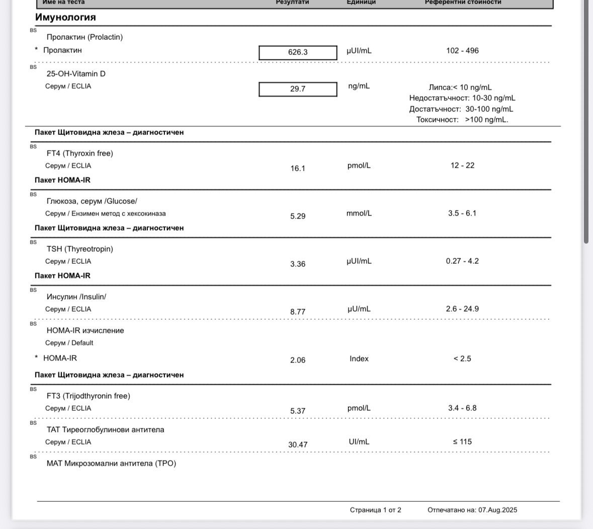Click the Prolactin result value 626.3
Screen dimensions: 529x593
coord(298,52)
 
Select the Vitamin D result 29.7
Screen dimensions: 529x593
coord(298,89)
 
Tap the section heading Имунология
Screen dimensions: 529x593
coord(65,17)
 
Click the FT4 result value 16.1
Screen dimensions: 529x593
coord(298,168)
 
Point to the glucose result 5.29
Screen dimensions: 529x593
coord(298,216)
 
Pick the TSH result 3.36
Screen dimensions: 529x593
coord(298,264)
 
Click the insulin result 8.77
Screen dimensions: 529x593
coord(298,312)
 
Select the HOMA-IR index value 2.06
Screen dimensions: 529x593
coord(298,360)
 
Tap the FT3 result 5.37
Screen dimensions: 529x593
coord(298,411)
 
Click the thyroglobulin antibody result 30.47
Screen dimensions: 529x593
coord(298,444)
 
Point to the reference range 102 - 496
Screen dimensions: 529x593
coord(462,50)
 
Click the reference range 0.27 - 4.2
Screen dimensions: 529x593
coord(462,261)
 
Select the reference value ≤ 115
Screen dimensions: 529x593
coord(462,441)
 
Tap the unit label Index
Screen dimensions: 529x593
coord(359,358)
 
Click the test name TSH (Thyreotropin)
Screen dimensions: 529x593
coord(80,249)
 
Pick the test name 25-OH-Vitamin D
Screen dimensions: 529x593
coord(76,73)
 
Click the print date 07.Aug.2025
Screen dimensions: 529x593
coord(497,510)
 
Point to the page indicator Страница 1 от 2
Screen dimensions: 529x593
coord(376,510)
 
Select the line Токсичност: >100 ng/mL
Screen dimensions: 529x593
coord(462,120)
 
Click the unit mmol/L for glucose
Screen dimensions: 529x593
coord(359,213)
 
